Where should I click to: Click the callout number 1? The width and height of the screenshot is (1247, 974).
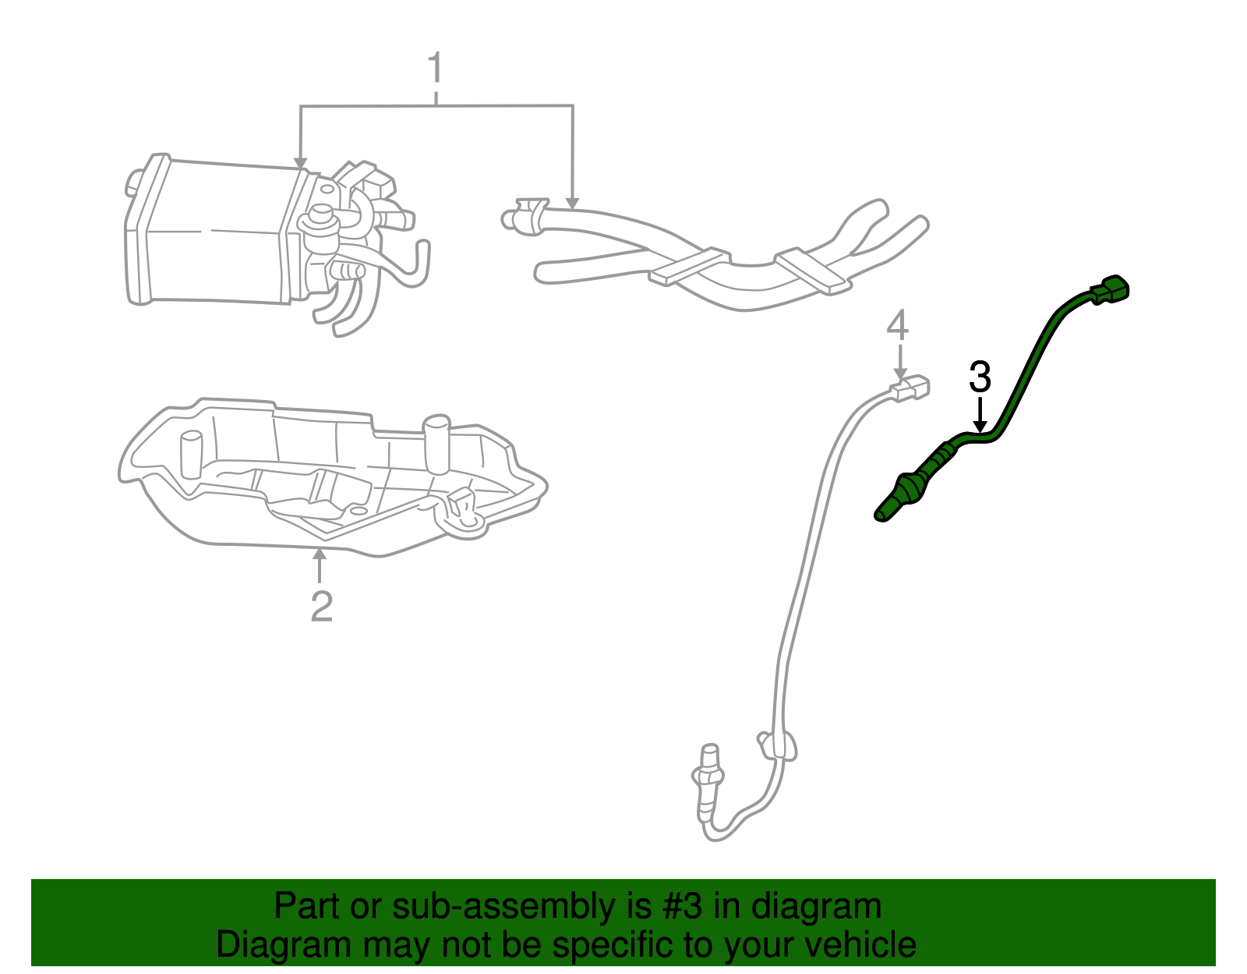(x=435, y=69)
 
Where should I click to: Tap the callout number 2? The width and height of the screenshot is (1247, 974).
(x=321, y=606)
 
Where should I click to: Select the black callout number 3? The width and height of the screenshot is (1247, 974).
(x=980, y=377)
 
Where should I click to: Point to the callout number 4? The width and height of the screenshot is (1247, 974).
(x=898, y=326)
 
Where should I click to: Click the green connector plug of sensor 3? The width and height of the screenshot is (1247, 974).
(x=1111, y=289)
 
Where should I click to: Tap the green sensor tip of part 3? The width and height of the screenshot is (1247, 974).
(x=885, y=512)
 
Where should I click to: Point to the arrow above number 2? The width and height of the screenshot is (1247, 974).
(x=319, y=565)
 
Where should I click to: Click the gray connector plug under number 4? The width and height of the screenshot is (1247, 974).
(x=911, y=388)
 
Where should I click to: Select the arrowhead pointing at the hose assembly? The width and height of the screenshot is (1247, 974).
(x=573, y=202)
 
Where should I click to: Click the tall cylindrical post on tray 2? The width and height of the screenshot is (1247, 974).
(x=436, y=444)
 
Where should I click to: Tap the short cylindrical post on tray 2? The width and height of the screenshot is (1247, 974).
(x=191, y=454)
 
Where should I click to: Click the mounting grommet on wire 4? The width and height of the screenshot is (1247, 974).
(x=776, y=745)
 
